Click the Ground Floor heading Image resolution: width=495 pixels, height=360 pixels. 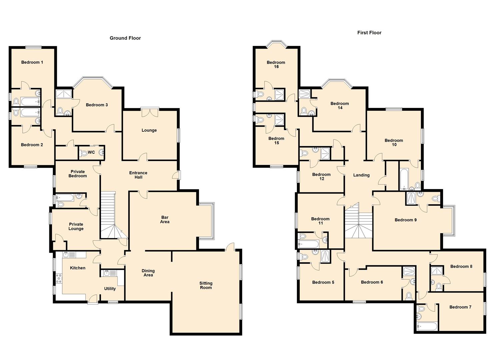tap(125, 38)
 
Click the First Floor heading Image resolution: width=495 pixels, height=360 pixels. tap(369, 33)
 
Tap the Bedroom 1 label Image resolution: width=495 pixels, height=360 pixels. tap(32, 62)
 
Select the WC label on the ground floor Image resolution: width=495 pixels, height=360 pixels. tap(91, 152)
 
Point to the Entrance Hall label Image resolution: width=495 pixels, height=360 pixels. tap(138, 175)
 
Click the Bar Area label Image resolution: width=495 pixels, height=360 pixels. tap(165, 220)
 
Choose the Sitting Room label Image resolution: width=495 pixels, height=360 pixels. tap(206, 285)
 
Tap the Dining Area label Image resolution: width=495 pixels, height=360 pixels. tap(148, 273)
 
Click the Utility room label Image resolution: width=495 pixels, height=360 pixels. tap(110, 289)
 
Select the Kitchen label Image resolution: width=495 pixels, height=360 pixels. tap(78, 268)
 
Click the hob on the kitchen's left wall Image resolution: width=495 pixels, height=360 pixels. tap(59, 278)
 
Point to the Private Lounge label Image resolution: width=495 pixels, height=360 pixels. tap(76, 227)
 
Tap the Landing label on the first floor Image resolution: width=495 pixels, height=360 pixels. tap(361, 175)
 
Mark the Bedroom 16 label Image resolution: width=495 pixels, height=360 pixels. tap(276, 64)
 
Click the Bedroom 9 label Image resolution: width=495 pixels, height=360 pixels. tap(405, 220)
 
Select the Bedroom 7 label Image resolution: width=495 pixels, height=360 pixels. tap(460, 307)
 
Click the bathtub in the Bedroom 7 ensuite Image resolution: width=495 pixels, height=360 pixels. tap(427, 326)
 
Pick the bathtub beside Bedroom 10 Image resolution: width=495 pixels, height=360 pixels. tap(404, 178)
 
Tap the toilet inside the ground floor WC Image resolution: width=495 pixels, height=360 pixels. tap(83, 153)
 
